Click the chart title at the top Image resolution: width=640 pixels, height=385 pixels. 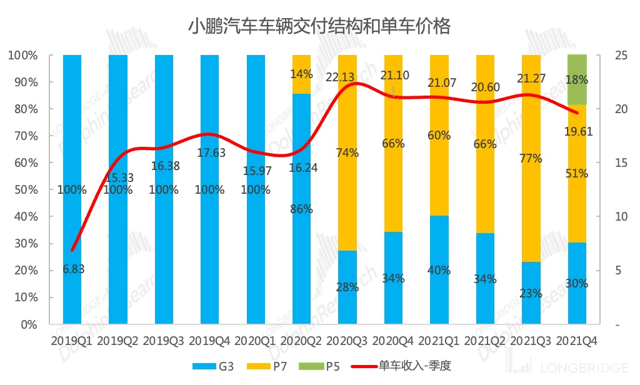pos(319,27)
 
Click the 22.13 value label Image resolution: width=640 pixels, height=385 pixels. pos(341,77)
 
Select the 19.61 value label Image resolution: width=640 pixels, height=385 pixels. pos(577,131)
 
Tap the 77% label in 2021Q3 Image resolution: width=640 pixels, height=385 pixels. pos(531,158)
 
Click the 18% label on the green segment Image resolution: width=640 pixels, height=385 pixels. pos(576,80)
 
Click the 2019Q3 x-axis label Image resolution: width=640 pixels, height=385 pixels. pos(163,341)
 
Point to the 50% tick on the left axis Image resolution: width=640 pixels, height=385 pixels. pos(26,190)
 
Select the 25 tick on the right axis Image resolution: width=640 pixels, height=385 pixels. pos(604,55)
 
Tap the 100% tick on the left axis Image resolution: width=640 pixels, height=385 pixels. pos(22,55)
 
